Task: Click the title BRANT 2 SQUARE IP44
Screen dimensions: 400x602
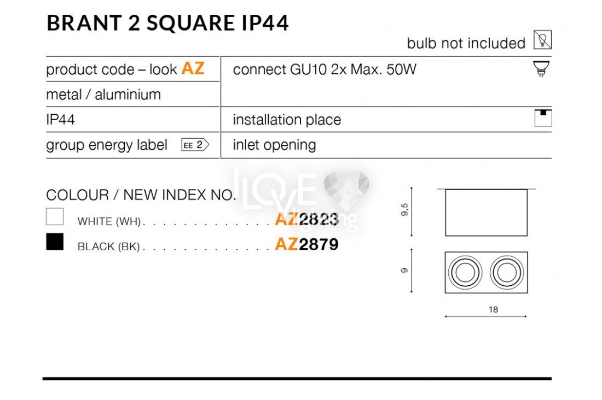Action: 167,23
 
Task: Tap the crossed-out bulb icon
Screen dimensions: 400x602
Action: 542,40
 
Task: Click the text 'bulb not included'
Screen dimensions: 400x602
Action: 466,43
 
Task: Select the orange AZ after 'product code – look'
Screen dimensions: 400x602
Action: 193,69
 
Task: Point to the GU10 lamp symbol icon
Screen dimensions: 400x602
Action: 542,69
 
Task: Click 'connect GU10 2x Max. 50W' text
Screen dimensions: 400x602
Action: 325,69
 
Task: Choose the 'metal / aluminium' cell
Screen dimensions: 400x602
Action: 103,95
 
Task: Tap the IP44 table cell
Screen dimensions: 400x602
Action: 60,120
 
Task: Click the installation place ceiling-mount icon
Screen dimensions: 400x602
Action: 543,118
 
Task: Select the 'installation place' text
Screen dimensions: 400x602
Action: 287,120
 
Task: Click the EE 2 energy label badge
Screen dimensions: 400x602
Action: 195,145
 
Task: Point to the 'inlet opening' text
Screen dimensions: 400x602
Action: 274,145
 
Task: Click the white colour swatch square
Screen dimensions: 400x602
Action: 55,217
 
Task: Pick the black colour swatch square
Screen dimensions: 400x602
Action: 55,242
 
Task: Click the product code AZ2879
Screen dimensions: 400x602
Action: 306,244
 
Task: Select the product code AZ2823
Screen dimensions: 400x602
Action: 306,220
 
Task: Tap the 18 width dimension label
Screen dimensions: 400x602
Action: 493,309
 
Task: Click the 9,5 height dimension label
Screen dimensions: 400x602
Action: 404,209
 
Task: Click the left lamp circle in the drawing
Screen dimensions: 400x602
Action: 465,272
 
